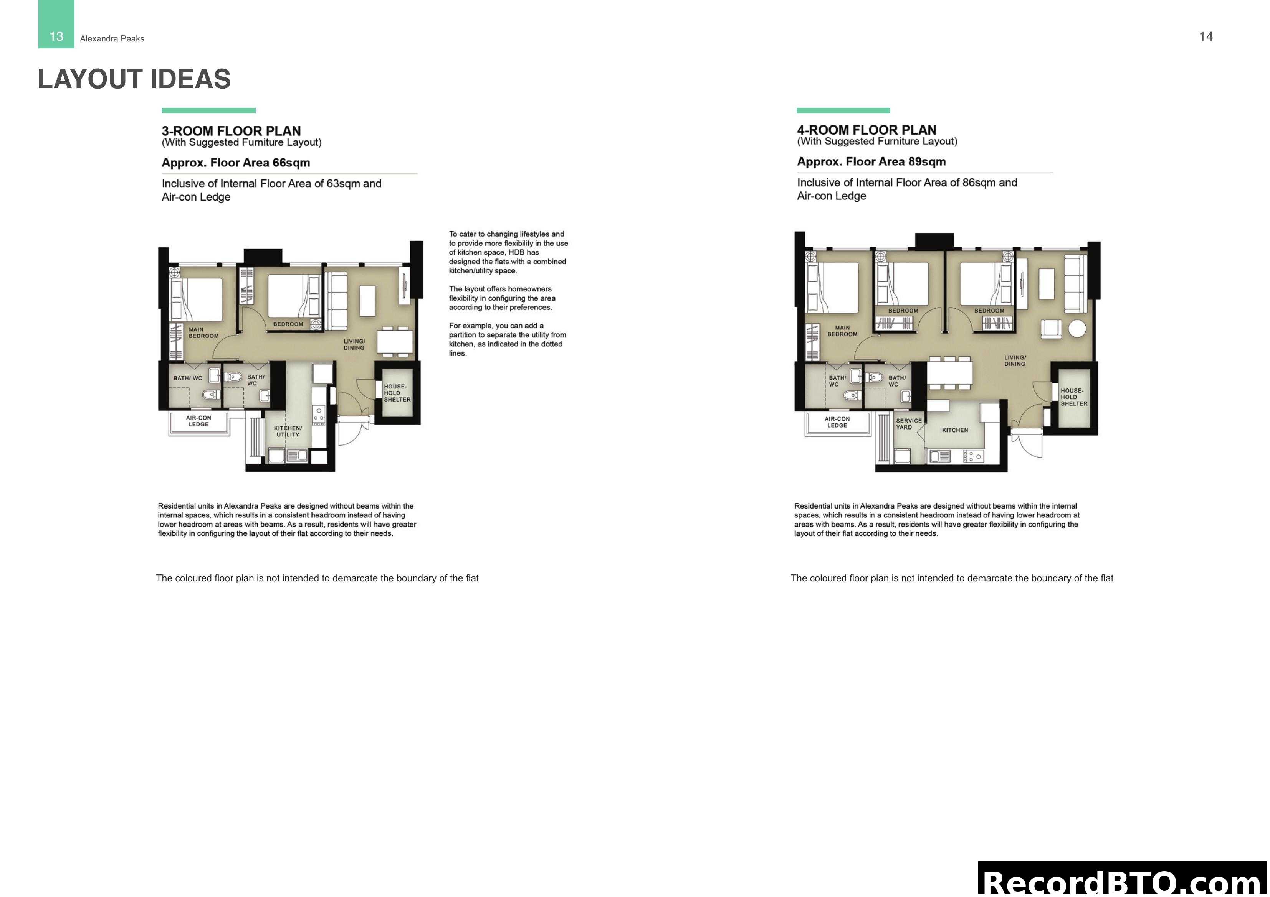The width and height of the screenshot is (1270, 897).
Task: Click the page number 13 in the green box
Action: coord(56,36)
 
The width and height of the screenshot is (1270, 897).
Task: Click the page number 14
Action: coord(1206,36)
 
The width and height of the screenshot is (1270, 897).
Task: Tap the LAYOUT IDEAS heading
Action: coord(134,79)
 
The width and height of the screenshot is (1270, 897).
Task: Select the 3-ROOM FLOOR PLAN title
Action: coord(231,131)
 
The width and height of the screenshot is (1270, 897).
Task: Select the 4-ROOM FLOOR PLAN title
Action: coord(866,130)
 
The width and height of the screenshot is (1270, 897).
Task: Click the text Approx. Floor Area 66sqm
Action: coord(236,163)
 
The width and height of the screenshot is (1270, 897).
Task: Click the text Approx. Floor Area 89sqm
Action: coord(871,161)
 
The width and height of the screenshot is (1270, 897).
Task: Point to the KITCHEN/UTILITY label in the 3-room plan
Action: coord(288,431)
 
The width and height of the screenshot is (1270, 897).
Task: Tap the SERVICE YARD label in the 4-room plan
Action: coord(909,424)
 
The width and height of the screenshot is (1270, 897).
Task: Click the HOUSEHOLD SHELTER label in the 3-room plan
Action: coord(397,393)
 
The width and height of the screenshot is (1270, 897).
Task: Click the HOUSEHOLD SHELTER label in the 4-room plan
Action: coord(1074,397)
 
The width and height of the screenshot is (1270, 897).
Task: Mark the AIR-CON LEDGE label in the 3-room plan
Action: coord(198,421)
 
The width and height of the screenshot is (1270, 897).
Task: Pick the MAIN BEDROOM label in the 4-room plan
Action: coord(842,331)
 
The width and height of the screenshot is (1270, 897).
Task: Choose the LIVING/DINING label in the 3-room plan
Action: coord(354,344)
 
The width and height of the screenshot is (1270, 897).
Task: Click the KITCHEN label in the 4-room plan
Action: coord(955,430)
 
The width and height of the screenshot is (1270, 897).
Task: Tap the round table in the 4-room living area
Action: coord(1077,329)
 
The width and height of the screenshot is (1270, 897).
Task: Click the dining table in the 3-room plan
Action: coord(395,341)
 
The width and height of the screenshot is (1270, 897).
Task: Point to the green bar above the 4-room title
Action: coord(843,110)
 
